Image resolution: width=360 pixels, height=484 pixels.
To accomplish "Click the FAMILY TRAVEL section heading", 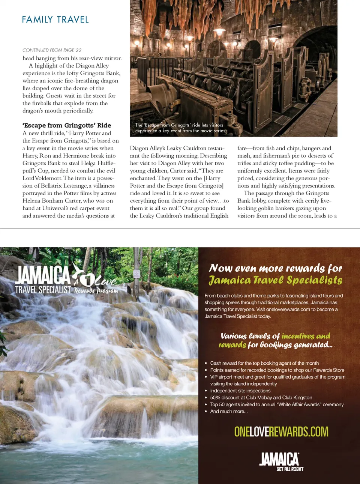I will pyautogui.click(x=55, y=20).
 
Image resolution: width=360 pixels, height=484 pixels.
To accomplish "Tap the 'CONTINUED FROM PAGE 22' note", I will pyautogui.click(x=52, y=50).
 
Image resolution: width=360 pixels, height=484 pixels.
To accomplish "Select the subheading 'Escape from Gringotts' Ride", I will pyautogui.click(x=67, y=125).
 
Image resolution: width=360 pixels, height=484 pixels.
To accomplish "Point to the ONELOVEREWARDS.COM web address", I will pyautogui.click(x=281, y=431).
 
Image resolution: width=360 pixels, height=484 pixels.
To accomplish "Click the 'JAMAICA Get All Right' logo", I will pyautogui.click(x=281, y=461).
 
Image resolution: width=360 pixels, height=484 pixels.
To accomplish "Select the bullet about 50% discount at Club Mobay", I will pyautogui.click(x=261, y=398).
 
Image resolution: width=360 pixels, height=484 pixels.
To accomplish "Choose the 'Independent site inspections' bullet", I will pyautogui.click(x=240, y=391).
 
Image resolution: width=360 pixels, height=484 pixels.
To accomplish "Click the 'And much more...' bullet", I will pyautogui.click(x=229, y=411).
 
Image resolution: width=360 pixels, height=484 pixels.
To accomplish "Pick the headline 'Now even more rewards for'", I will pyautogui.click(x=275, y=268).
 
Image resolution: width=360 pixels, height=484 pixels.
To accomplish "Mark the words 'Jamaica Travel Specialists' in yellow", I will pyautogui.click(x=275, y=280).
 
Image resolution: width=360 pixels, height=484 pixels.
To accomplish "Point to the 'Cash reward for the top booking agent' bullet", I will pyautogui.click(x=264, y=363).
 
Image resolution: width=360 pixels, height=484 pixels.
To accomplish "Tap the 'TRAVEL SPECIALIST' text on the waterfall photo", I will pyautogui.click(x=43, y=290).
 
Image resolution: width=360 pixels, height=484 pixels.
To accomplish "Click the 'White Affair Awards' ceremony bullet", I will pyautogui.click(x=277, y=404).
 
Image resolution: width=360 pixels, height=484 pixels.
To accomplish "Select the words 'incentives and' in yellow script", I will pyautogui.click(x=306, y=336).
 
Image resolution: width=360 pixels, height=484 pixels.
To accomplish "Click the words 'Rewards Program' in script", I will pyautogui.click(x=96, y=291).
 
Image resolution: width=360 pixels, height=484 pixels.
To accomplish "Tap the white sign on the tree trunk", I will pyautogui.click(x=136, y=274).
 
